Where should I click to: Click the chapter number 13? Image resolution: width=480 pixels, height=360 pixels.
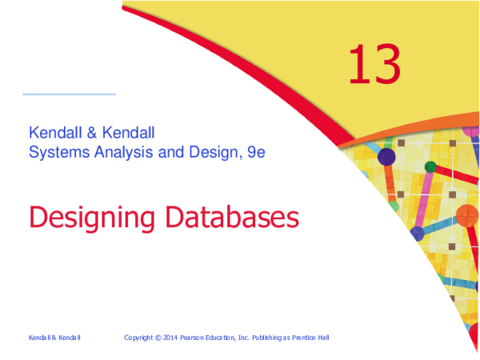click(x=374, y=66)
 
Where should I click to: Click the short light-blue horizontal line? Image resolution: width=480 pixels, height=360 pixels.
click(x=69, y=94)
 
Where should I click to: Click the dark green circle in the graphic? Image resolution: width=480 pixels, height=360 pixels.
click(x=430, y=166)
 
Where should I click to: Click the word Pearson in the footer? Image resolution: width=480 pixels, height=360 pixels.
click(x=202, y=338)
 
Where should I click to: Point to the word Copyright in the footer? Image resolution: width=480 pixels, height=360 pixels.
click(x=142, y=338)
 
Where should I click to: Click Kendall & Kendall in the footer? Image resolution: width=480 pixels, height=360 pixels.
click(x=54, y=338)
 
